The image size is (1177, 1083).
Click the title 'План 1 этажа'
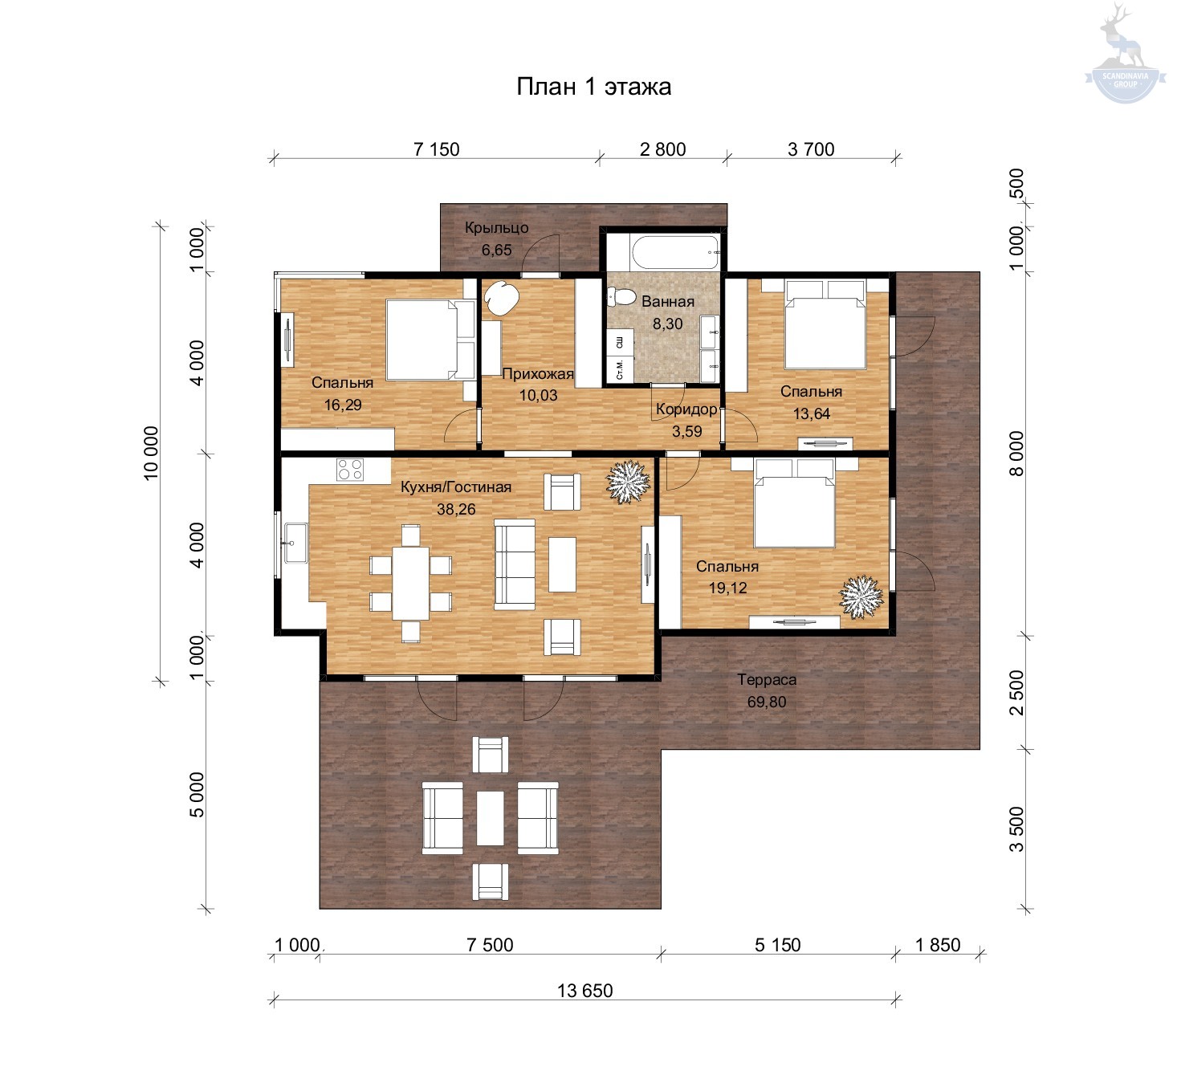[593, 87]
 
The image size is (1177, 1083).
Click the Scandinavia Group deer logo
[1125, 54]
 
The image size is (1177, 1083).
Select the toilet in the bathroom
[622, 296]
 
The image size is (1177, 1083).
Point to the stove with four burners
[350, 470]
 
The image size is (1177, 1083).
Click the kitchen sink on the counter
[295, 543]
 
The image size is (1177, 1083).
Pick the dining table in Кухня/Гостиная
[410, 583]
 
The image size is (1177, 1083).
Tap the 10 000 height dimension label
[151, 453]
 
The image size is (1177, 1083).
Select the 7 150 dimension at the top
[436, 149]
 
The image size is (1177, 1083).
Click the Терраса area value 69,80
[766, 702]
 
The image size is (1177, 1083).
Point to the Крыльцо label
[496, 228]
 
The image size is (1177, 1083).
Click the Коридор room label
[686, 409]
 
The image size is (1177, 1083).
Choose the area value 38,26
[456, 509]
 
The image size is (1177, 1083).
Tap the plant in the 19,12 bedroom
[861, 596]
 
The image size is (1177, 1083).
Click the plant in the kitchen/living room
[628, 482]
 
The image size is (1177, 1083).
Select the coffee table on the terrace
[490, 818]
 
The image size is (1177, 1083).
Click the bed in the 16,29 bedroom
[430, 340]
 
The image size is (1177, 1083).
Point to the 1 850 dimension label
[938, 945]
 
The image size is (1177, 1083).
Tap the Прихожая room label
[537, 373]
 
